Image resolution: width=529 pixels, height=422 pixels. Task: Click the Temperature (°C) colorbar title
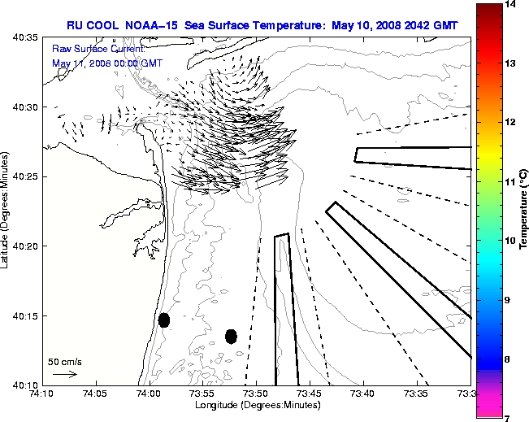pyautogui.click(x=524, y=211)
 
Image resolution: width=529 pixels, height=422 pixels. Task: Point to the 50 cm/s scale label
pyautogui.click(x=65, y=361)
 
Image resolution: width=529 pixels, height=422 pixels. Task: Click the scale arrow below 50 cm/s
pyautogui.click(x=64, y=374)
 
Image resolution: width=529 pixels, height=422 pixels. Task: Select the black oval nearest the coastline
pyautogui.click(x=164, y=320)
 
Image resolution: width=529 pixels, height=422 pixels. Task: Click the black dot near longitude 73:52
pyautogui.click(x=231, y=336)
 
